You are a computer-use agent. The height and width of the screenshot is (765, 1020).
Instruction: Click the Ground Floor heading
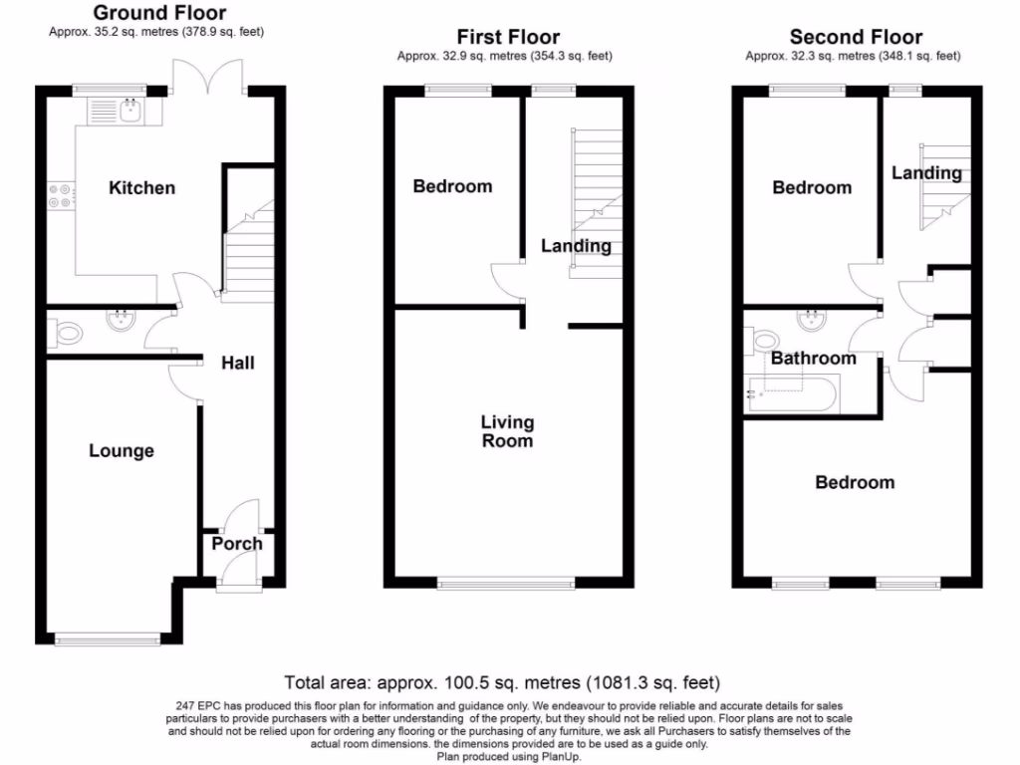pos(159,14)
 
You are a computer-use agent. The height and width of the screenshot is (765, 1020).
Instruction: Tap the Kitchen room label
pos(141,187)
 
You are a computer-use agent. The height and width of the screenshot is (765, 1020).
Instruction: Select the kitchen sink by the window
pos(128,111)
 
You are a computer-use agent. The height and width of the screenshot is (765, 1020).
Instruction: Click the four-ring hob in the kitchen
pos(59,196)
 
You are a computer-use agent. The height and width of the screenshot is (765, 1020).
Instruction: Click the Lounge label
pos(122,451)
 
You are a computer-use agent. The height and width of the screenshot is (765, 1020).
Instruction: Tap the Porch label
pos(237,544)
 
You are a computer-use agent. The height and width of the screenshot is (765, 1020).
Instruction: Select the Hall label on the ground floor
pos(237,363)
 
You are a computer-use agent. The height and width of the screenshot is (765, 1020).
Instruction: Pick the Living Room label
pos(507,431)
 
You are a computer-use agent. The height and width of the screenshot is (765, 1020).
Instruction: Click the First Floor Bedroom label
pos(452,186)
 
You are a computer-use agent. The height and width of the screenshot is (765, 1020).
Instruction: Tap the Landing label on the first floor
pos(576,245)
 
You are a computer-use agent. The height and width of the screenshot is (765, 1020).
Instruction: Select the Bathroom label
pos(813,358)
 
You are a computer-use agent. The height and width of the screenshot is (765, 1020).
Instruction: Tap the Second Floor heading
pos(856,38)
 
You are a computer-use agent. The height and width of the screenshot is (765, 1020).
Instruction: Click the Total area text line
pos(502,683)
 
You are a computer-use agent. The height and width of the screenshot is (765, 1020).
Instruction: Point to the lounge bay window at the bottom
pos(109,638)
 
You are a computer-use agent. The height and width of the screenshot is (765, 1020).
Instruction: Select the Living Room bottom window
pos(507,584)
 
